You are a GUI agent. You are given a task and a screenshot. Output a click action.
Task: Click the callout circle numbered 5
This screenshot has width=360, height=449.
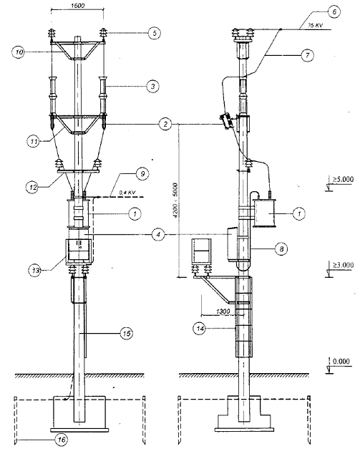[155, 33]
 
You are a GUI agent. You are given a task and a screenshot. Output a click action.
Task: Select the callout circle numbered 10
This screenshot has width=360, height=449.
[19, 52]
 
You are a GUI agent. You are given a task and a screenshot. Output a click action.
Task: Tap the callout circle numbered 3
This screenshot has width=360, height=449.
[153, 86]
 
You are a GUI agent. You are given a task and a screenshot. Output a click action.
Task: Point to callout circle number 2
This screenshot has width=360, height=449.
[165, 125]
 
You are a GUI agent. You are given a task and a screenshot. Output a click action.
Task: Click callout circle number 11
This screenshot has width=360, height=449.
[34, 142]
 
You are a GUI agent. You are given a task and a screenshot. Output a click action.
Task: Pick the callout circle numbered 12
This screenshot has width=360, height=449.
[31, 188]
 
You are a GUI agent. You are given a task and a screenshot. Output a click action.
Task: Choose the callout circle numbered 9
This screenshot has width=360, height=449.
[142, 174]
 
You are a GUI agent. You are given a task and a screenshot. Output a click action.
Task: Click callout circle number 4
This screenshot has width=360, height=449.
[158, 234]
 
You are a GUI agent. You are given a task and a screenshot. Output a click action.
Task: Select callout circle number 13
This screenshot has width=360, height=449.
[35, 270]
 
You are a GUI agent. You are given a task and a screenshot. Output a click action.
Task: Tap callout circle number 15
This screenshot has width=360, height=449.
[127, 333]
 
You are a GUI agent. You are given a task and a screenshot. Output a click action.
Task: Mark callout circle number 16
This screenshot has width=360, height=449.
[62, 439]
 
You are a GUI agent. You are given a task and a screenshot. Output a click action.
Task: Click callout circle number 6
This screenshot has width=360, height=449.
[334, 12]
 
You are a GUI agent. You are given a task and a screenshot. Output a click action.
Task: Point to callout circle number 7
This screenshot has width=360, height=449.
[307, 55]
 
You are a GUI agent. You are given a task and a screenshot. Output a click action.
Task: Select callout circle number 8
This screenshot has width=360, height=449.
[281, 249]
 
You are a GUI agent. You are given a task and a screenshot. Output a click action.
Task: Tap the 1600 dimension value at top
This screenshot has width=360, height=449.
[77, 6]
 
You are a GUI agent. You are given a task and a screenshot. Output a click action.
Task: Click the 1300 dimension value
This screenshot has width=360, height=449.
[223, 312]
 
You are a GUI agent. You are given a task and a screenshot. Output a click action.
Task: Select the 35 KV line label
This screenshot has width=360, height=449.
[315, 25]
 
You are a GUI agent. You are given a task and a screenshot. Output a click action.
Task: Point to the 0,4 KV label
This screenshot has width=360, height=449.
[127, 193]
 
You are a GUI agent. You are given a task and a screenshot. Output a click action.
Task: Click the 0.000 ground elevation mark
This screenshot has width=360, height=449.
[341, 361]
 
